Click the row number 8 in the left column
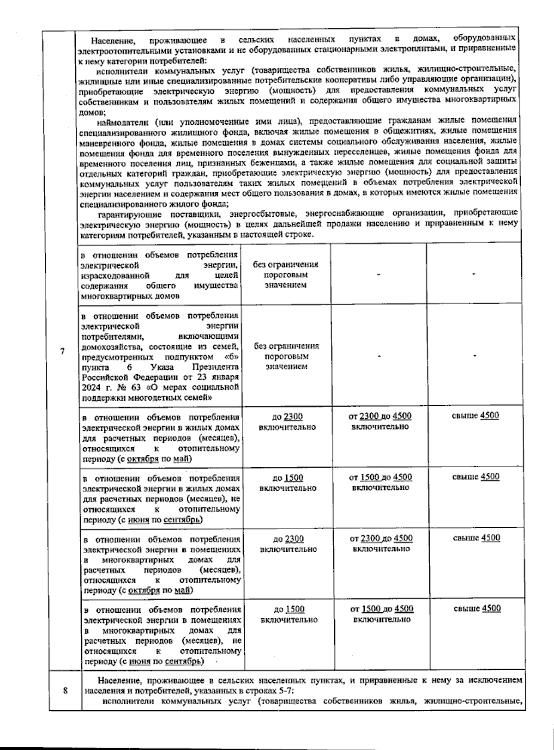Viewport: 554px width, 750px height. (65, 691)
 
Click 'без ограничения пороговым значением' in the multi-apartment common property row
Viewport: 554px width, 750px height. (286, 274)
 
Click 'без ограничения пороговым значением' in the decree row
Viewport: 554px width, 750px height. (286, 356)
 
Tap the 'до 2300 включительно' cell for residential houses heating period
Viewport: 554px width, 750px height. (287, 421)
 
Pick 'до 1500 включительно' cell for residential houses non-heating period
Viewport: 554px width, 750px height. (288, 482)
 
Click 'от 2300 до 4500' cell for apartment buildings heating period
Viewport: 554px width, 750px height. (381, 543)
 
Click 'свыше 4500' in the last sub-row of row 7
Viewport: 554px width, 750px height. (477, 609)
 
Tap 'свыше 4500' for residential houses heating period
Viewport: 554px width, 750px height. (476, 415)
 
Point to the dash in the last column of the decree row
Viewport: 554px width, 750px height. (474, 356)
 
